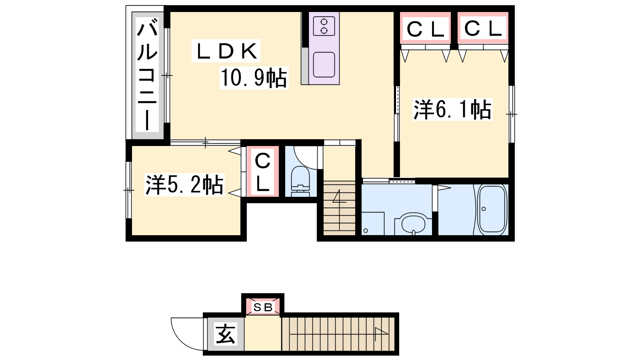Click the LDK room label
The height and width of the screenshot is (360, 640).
coord(226,51)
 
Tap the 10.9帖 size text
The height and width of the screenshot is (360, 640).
coord(254,78)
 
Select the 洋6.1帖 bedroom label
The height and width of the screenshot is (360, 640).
coord(452,110)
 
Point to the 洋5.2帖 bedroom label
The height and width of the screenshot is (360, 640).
coord(184,184)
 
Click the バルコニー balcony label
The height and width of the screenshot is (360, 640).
coord(147,74)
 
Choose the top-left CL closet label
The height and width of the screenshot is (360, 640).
coord(426,29)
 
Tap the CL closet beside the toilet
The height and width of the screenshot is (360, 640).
coord(262,172)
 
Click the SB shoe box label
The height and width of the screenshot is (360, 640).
coord(263,308)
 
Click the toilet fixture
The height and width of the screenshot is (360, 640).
coord(300,182)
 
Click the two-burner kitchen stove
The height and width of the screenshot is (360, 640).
coord(324,26)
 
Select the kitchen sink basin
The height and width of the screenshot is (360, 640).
coord(324,65)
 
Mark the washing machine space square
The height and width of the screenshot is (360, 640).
coord(373,224)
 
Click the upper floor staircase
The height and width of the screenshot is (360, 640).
coord(340,208)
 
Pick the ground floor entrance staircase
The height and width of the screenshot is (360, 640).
coord(338,334)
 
